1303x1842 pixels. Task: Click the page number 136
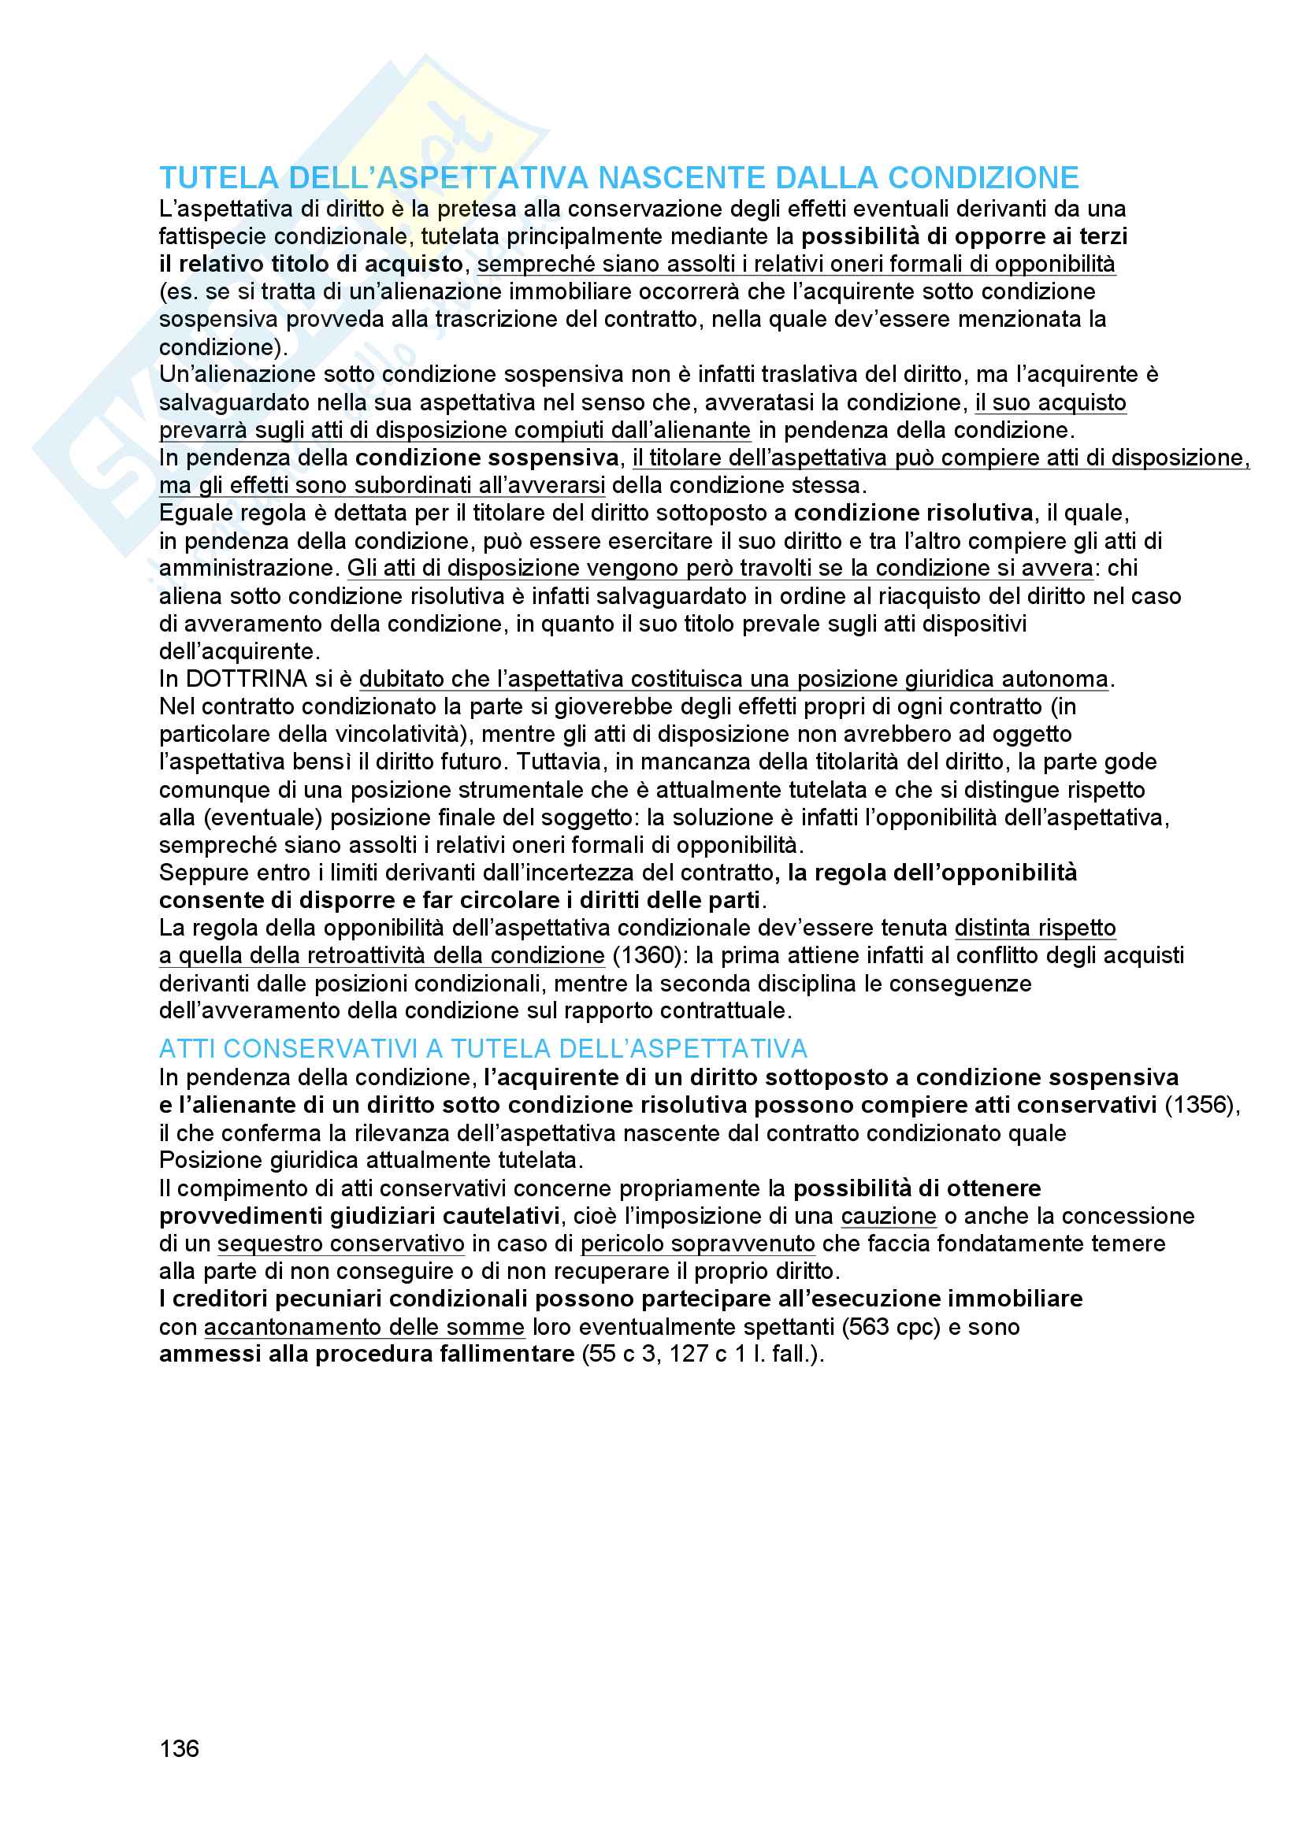click(x=179, y=1748)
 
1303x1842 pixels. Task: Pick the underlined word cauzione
click(x=888, y=1216)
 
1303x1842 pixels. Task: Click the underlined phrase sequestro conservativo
click(x=341, y=1243)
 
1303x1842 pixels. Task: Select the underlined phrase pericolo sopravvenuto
click(x=697, y=1243)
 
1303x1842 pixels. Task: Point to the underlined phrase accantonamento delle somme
click(x=364, y=1327)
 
